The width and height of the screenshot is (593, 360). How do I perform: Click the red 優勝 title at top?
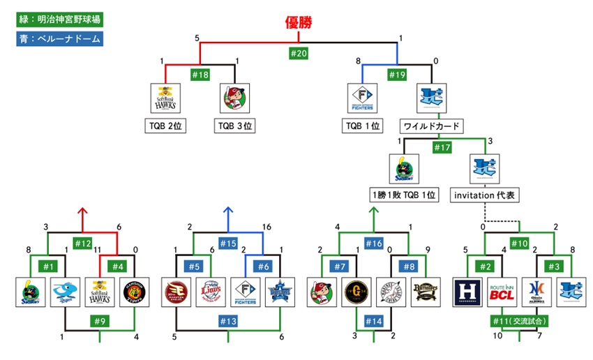299,22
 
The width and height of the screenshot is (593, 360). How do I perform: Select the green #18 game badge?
201,73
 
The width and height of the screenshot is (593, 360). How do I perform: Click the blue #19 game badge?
398,73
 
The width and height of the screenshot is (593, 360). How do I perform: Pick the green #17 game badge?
442,147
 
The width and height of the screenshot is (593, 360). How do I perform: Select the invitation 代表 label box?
487,196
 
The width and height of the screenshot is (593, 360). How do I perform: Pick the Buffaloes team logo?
426,292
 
